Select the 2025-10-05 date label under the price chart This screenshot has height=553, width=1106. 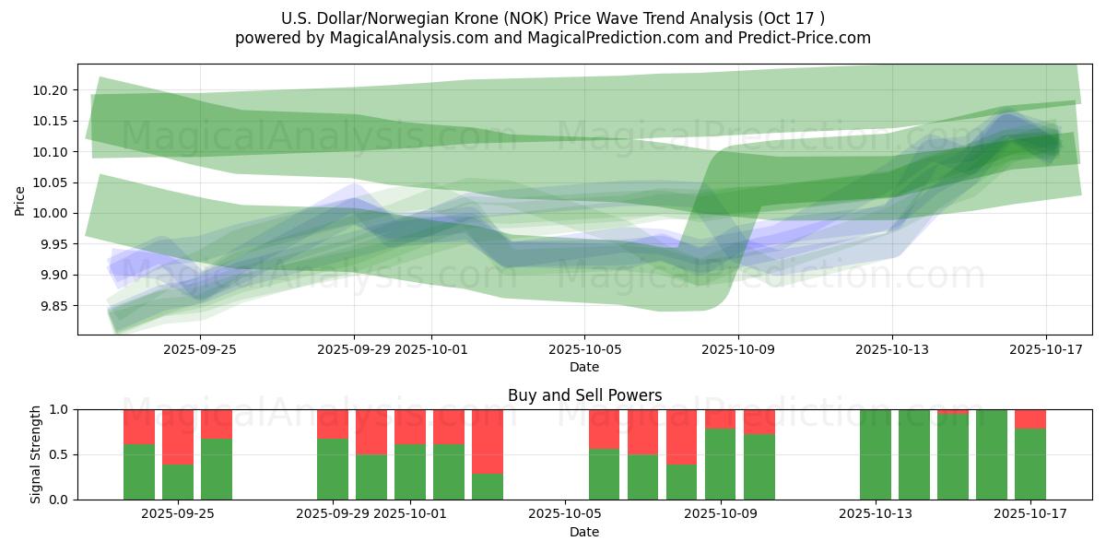[x=583, y=349]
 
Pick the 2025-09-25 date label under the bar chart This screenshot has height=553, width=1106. [x=178, y=514]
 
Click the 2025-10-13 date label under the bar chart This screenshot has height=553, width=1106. [x=876, y=514]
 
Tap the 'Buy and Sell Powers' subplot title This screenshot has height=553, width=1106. [x=584, y=395]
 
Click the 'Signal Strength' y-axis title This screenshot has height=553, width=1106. [x=36, y=454]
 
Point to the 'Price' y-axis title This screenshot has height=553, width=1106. [x=20, y=200]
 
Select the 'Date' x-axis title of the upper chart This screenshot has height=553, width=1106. [x=584, y=367]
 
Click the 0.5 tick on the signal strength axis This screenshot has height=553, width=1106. [x=61, y=454]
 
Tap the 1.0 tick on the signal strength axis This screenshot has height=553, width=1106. [x=61, y=409]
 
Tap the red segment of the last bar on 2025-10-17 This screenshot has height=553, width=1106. [x=1030, y=418]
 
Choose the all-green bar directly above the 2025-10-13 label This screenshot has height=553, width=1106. [x=876, y=454]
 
